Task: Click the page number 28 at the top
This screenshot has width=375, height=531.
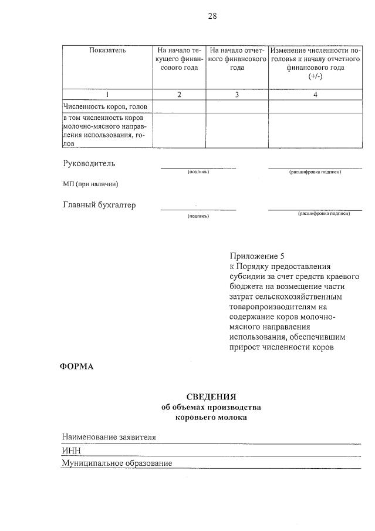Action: (x=212, y=16)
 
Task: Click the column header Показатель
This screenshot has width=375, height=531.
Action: (x=107, y=51)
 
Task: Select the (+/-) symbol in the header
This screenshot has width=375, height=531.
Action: (x=315, y=77)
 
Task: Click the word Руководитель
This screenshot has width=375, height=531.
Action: (x=89, y=163)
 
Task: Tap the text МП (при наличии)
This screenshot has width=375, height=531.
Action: (x=90, y=184)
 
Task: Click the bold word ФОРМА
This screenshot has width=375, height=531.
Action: (x=77, y=367)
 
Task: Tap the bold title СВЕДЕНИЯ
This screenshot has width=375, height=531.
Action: (x=211, y=397)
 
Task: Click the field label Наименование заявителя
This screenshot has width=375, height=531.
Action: (x=109, y=437)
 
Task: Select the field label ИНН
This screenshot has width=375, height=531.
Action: (x=71, y=451)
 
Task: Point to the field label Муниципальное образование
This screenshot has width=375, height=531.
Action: (x=117, y=463)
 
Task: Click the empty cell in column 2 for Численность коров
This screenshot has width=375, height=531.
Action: (x=179, y=106)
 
